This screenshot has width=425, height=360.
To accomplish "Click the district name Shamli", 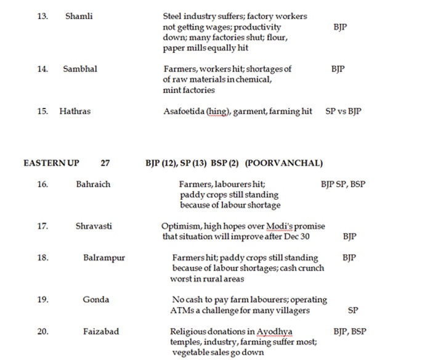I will click(79, 16).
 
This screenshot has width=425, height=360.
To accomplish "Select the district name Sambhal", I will click(80, 69).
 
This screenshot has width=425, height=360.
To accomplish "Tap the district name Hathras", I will click(75, 112).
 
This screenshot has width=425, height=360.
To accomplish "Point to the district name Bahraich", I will click(93, 184).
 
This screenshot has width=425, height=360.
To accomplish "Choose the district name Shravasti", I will click(94, 226).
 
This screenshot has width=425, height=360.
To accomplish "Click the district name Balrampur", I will click(104, 258).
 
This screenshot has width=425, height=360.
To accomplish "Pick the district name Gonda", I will click(96, 300).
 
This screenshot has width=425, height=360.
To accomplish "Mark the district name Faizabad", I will click(101, 332).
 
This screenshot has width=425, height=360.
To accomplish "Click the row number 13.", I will click(42, 16).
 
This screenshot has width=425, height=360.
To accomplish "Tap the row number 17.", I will click(42, 226).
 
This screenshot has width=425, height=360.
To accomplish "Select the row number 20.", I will click(42, 332).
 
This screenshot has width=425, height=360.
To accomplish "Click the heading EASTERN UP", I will click(51, 163).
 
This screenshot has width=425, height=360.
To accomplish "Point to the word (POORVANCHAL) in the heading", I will click(283, 163).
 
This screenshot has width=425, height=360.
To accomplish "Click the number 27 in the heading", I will click(105, 163).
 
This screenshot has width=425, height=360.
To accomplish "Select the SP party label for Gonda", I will click(353, 311).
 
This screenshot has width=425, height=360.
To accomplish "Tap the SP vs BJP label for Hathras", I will click(343, 112).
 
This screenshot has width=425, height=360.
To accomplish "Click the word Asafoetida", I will click(184, 112).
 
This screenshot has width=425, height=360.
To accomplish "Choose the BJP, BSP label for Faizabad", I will click(349, 332).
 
